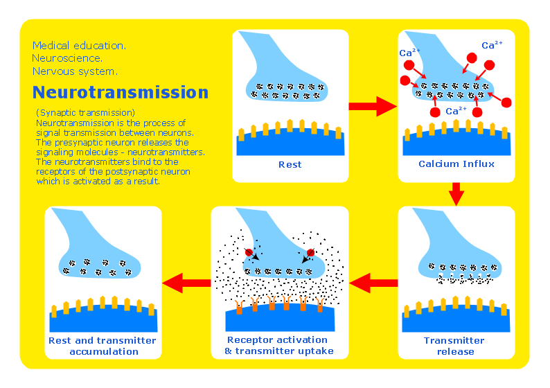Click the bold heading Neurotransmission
(x=121, y=92)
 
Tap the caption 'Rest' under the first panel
(x=290, y=164)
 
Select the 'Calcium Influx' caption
(x=456, y=164)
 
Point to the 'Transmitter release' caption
(x=454, y=346)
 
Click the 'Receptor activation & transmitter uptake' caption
(x=279, y=345)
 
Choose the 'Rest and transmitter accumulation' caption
(x=103, y=346)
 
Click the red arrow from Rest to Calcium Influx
(x=373, y=106)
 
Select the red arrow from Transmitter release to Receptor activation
(x=373, y=283)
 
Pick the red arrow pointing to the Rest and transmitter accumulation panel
(x=186, y=283)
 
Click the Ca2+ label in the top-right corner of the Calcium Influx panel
(x=492, y=45)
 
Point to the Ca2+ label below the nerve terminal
(x=456, y=111)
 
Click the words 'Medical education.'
(x=79, y=46)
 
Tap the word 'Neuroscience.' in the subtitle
(x=67, y=58)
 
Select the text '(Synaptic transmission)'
(x=86, y=113)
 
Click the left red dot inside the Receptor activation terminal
(x=249, y=252)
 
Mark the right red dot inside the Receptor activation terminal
(x=310, y=253)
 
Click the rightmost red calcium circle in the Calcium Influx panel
(x=506, y=103)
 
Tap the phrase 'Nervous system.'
(x=75, y=71)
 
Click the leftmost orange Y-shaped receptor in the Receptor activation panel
(x=239, y=307)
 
